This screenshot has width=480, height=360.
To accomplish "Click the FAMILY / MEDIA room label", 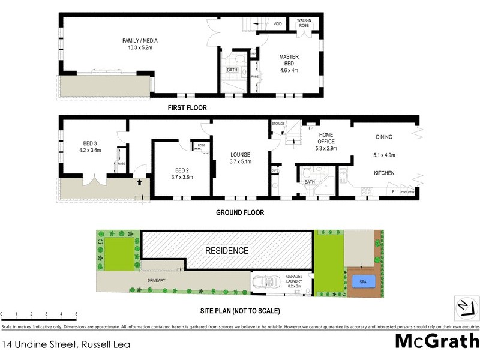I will [x=140, y=41].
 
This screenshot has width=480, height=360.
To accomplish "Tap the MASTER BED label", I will [x=289, y=57].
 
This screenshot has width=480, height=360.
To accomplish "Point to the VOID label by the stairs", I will [x=277, y=24].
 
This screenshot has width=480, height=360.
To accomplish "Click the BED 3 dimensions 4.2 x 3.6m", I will [x=89, y=151].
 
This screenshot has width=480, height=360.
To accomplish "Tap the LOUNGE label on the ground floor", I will [x=240, y=154].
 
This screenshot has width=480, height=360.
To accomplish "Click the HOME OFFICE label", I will [x=326, y=138].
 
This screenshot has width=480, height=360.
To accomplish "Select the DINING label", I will [x=383, y=137].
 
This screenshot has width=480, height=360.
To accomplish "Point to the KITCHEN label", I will [x=384, y=173].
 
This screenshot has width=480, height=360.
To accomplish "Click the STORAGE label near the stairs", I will [x=278, y=124].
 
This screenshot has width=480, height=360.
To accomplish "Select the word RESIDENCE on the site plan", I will [x=227, y=250].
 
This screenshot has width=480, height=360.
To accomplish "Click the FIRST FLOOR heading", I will [x=187, y=108].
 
